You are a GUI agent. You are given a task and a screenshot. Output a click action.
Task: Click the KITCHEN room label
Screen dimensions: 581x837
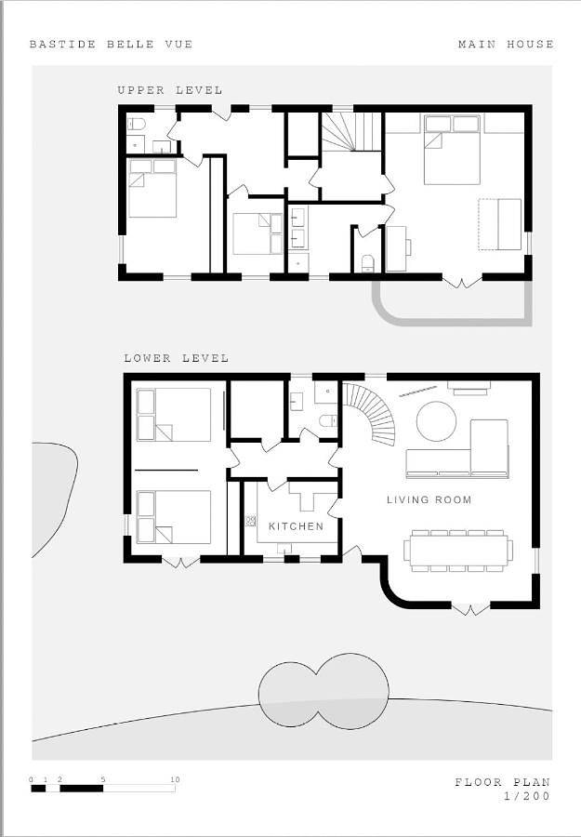[x=297, y=526]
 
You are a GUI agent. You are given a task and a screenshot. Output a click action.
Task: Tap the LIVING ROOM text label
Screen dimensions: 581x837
[x=429, y=499]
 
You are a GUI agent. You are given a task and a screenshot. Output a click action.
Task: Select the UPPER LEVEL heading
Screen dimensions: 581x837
[x=170, y=90]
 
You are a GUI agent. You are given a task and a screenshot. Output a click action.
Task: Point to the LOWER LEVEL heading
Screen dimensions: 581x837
[x=176, y=358]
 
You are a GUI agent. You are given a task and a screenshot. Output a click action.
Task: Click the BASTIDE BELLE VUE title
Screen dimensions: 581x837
[x=111, y=45]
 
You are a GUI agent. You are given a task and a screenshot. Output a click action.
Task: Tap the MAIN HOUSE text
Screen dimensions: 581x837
[x=506, y=45]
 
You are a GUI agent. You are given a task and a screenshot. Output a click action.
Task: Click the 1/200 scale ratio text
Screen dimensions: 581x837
[x=526, y=796]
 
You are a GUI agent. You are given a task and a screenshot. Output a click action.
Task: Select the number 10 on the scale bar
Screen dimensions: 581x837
[x=175, y=779]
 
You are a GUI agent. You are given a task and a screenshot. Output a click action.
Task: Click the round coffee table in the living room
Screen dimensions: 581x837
[x=436, y=421]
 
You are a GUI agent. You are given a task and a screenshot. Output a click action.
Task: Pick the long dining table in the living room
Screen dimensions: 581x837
[x=457, y=551]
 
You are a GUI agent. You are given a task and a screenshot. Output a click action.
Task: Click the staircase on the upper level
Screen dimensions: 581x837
[x=351, y=131]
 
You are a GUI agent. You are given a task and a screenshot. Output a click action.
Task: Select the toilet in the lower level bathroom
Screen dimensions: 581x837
[x=327, y=421]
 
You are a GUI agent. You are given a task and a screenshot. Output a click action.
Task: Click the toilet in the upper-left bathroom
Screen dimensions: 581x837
[x=136, y=124]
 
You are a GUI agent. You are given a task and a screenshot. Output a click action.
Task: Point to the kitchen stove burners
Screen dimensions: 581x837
[x=251, y=521]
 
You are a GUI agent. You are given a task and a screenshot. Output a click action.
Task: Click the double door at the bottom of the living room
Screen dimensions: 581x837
[x=470, y=609]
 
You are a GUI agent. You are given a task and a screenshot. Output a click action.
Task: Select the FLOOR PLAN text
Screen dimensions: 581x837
[x=502, y=782]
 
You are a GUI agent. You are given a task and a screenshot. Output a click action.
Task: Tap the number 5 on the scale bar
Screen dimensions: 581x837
[x=102, y=779]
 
